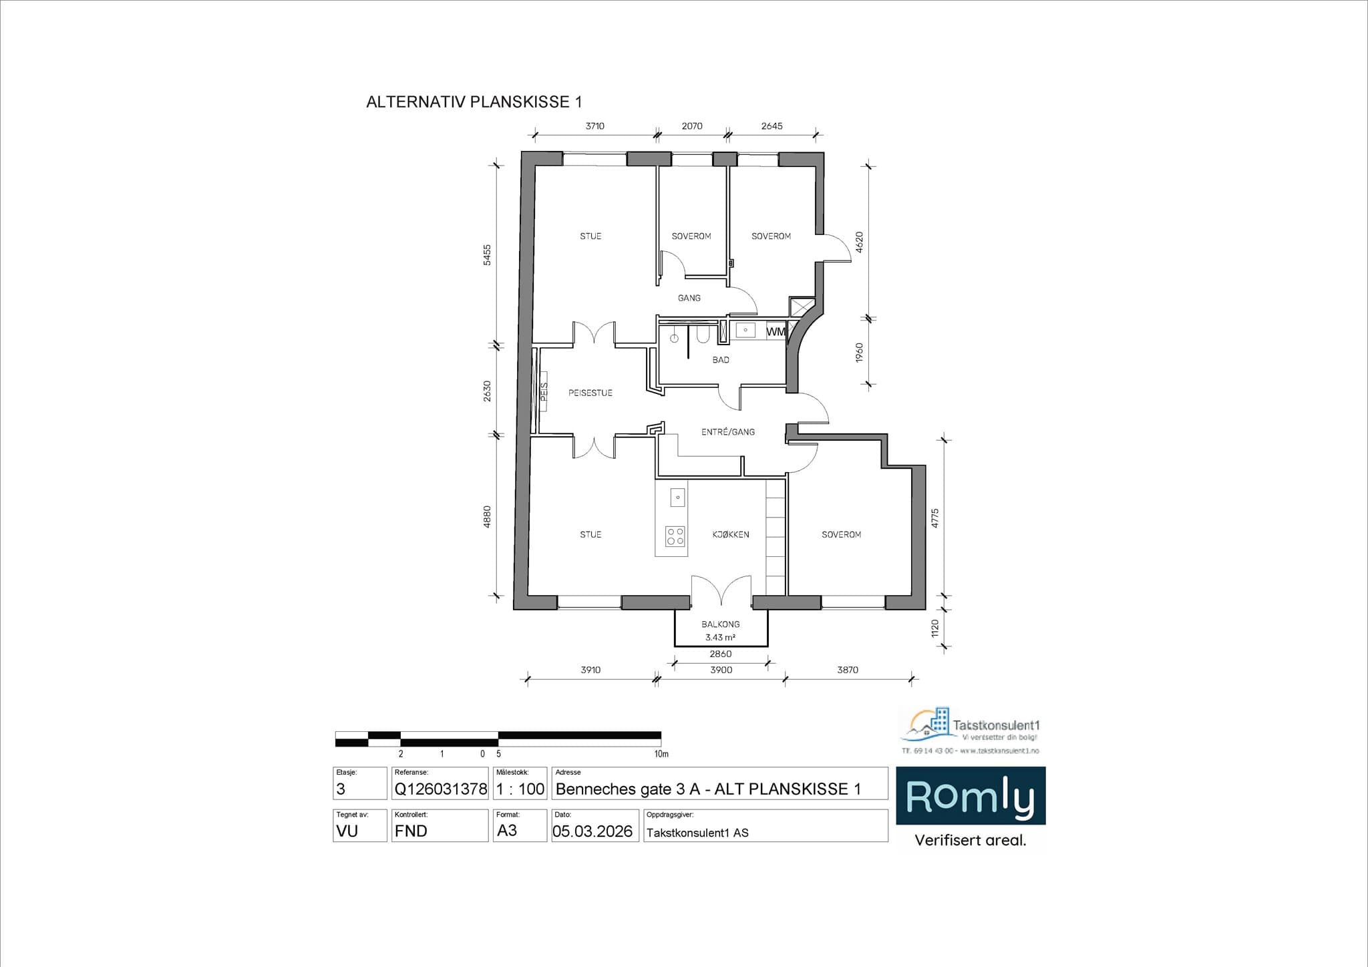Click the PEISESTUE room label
590,393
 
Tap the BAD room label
721,360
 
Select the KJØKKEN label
730,534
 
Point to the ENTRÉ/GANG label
727,432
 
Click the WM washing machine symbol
775,331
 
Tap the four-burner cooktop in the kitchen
675,536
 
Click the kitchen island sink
677,497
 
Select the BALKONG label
720,624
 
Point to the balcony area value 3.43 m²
720,638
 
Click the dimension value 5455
487,255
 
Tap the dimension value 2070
691,126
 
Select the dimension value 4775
934,518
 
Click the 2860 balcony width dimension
720,654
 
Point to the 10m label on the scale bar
661,754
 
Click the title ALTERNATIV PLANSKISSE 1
474,102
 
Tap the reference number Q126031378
440,789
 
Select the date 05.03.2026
592,831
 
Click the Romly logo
970,797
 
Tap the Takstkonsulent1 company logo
970,729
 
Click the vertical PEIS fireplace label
544,391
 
